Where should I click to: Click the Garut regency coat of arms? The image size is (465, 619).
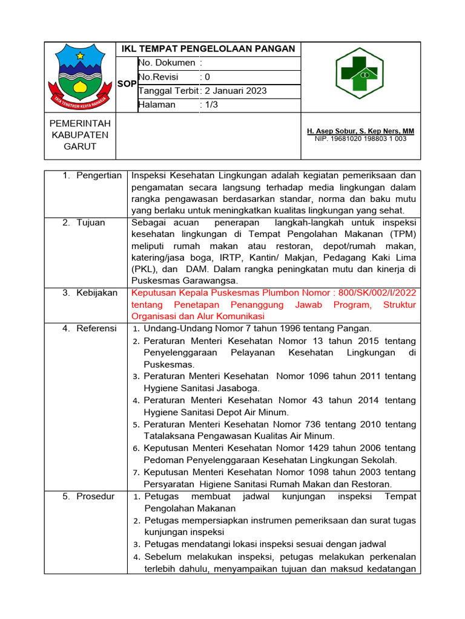pos(80,77)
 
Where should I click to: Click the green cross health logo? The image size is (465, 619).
pos(360,74)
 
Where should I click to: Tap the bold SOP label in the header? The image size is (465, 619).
pos(127,84)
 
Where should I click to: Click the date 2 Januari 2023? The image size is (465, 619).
pos(236,91)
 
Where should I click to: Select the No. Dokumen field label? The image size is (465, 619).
pos(167,63)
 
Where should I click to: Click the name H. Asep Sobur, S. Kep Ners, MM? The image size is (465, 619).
pos(360,131)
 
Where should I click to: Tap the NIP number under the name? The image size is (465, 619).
pos(360,139)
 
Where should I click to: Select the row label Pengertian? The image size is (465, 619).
pos(99,175)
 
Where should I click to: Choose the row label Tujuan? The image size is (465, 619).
pos(91,222)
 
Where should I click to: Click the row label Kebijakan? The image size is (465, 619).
pos(97,293)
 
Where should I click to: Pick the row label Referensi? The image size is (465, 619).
pos(96,328)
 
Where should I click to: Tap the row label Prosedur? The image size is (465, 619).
pos(95,496)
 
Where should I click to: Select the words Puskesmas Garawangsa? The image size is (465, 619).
pos(185,280)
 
